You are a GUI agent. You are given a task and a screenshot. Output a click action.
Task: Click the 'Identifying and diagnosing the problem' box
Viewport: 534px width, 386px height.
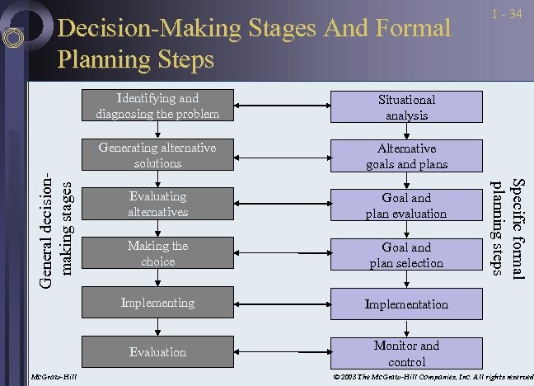157,106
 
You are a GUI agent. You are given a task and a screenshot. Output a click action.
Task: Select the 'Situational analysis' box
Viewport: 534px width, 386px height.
406,107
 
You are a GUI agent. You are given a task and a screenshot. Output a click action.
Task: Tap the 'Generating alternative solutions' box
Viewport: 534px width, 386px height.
157,156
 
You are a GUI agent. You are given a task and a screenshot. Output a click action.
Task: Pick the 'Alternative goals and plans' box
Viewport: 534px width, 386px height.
406,156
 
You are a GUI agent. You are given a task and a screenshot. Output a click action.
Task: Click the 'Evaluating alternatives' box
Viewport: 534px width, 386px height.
157,205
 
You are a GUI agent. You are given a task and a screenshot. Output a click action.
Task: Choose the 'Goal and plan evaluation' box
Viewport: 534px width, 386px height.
406,205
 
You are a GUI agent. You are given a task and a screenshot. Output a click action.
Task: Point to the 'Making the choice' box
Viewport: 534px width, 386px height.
157,253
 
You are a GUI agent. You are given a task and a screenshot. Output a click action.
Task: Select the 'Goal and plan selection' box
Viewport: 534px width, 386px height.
406,254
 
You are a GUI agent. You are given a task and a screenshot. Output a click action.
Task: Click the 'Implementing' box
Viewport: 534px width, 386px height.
157,303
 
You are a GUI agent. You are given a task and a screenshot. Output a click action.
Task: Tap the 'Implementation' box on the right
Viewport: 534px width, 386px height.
406,304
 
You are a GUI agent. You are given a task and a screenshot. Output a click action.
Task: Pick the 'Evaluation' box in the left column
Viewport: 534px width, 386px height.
157,352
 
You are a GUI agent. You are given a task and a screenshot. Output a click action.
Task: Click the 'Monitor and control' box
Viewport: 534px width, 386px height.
406,353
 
